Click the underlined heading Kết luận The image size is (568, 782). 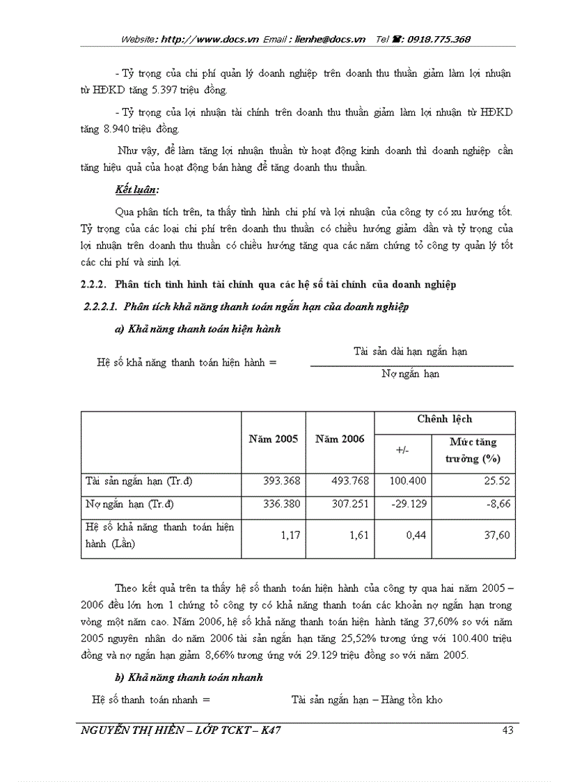[x=136, y=189]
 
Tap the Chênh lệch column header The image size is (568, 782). [x=444, y=419]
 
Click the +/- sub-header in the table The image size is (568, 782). [x=402, y=450]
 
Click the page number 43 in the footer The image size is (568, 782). [x=507, y=730]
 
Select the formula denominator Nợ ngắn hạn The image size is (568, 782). [x=411, y=374]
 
